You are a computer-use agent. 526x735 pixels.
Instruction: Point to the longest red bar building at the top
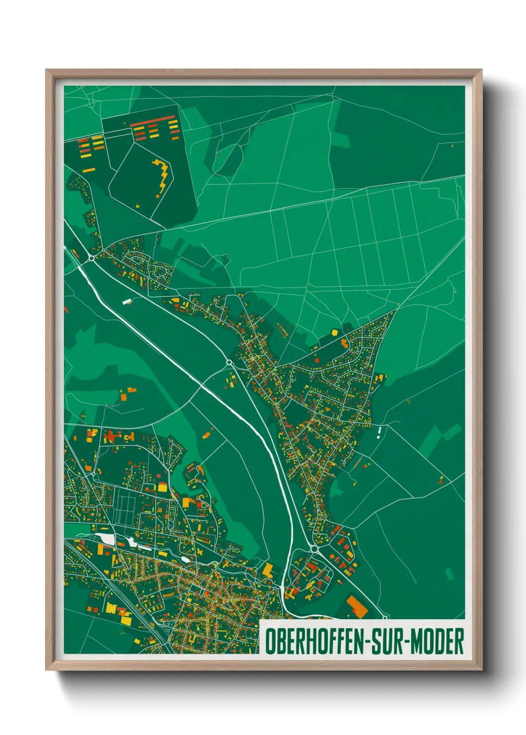153,121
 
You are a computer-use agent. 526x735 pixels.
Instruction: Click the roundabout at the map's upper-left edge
91,258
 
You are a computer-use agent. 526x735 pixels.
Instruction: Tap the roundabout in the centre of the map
229,363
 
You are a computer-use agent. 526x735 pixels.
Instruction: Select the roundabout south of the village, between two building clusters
314,548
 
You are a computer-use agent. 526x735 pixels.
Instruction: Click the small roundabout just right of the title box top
384,617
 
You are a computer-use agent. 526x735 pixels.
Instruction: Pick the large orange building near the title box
356,606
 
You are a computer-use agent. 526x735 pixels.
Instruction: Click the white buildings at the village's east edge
379,432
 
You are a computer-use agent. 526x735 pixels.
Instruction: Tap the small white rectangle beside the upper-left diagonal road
127,301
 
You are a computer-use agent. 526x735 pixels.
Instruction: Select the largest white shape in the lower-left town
107,539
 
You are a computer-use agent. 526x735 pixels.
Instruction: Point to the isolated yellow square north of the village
335,332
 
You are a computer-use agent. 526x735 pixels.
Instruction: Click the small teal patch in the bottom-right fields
449,574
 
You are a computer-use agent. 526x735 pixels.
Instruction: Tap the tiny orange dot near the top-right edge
452,146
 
